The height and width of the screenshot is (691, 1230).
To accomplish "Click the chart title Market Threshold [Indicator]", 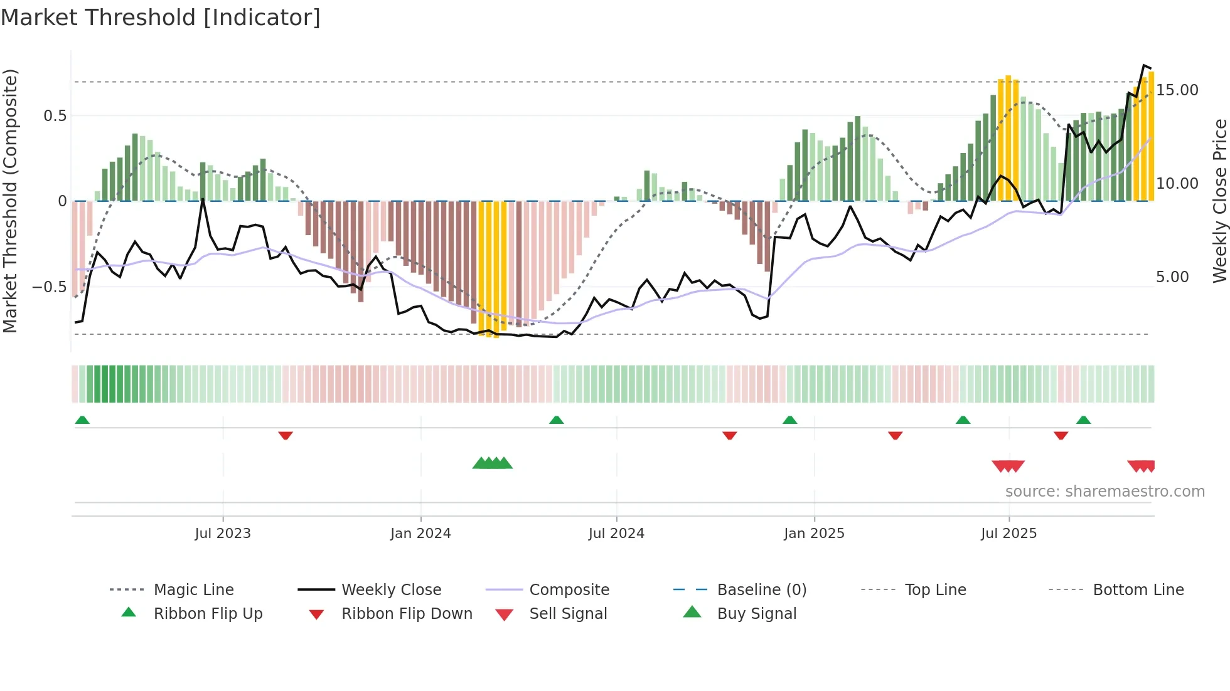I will (161, 18).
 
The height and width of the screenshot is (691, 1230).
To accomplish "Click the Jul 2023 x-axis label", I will (223, 534).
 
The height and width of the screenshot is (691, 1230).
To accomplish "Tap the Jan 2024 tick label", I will (420, 534).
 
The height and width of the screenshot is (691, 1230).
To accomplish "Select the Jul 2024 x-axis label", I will (616, 534).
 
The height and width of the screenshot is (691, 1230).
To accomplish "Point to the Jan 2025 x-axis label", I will (814, 534).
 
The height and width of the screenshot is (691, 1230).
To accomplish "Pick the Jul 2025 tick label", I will (1008, 534).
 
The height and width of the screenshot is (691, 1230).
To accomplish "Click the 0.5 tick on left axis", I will (55, 116).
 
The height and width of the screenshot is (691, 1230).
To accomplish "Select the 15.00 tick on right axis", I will (1177, 90).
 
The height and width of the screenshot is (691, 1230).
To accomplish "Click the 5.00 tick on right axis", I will (1172, 277).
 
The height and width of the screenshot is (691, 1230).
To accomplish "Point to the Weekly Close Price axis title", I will (1219, 201).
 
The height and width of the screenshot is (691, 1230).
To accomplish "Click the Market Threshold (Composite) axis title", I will (10, 201).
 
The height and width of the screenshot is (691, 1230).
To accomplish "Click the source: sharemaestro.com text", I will (1104, 492).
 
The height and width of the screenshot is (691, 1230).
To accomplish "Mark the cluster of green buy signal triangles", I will (493, 464).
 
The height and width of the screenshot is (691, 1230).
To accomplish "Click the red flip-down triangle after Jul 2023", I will (286, 435).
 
